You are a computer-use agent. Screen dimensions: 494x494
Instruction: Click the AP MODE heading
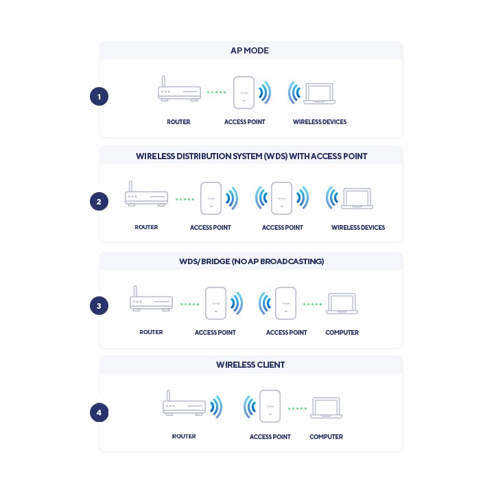(250, 50)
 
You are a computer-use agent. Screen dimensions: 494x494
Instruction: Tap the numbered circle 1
(99, 97)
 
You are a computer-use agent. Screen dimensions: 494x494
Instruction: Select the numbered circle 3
(99, 305)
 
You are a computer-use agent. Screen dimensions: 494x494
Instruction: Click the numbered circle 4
(99, 412)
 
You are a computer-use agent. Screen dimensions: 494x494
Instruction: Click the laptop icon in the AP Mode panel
(319, 93)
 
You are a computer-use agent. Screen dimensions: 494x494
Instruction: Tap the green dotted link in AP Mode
(216, 93)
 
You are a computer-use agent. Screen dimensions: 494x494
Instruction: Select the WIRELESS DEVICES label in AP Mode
(320, 122)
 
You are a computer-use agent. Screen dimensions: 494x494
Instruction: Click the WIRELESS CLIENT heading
(250, 365)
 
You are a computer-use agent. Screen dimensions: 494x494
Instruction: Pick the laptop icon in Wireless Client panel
(326, 408)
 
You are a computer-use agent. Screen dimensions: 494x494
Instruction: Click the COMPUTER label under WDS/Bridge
(342, 332)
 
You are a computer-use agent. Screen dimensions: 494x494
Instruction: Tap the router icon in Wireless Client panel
(184, 403)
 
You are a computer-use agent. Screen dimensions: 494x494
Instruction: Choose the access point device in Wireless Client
(270, 406)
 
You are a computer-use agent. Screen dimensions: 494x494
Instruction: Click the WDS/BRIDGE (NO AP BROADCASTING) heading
(251, 261)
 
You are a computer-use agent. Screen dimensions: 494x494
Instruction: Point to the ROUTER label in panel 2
(146, 227)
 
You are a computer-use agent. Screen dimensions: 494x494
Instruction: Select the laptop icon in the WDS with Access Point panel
(357, 198)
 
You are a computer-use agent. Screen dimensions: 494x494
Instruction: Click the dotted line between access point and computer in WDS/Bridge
(313, 305)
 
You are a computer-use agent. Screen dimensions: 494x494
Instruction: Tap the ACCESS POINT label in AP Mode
(244, 122)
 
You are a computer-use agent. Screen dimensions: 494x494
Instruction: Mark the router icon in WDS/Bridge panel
(151, 298)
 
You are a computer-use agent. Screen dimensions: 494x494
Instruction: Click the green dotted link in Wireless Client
(297, 409)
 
